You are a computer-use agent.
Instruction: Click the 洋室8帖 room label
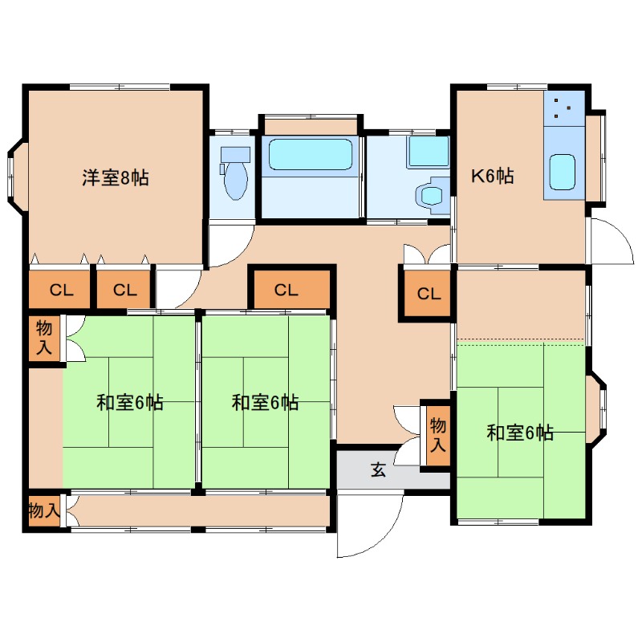tap(116, 178)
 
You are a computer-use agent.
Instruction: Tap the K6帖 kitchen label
tap(492, 177)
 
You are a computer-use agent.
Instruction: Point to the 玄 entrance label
tap(377, 470)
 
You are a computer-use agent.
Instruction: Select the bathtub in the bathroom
tap(311, 154)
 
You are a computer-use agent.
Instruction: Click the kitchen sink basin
tap(562, 170)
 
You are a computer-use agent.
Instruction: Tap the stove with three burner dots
tap(563, 108)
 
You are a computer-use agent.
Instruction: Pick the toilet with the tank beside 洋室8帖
tap(235, 173)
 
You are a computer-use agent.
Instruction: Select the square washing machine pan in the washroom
tap(428, 151)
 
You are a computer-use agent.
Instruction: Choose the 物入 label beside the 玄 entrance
tap(437, 435)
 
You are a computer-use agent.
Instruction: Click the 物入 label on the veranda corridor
tap(43, 510)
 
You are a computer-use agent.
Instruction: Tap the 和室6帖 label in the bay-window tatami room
tap(520, 433)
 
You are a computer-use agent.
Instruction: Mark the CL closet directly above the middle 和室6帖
tap(291, 290)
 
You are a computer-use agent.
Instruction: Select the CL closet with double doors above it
tap(429, 294)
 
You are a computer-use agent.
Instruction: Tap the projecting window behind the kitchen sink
tap(596, 157)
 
